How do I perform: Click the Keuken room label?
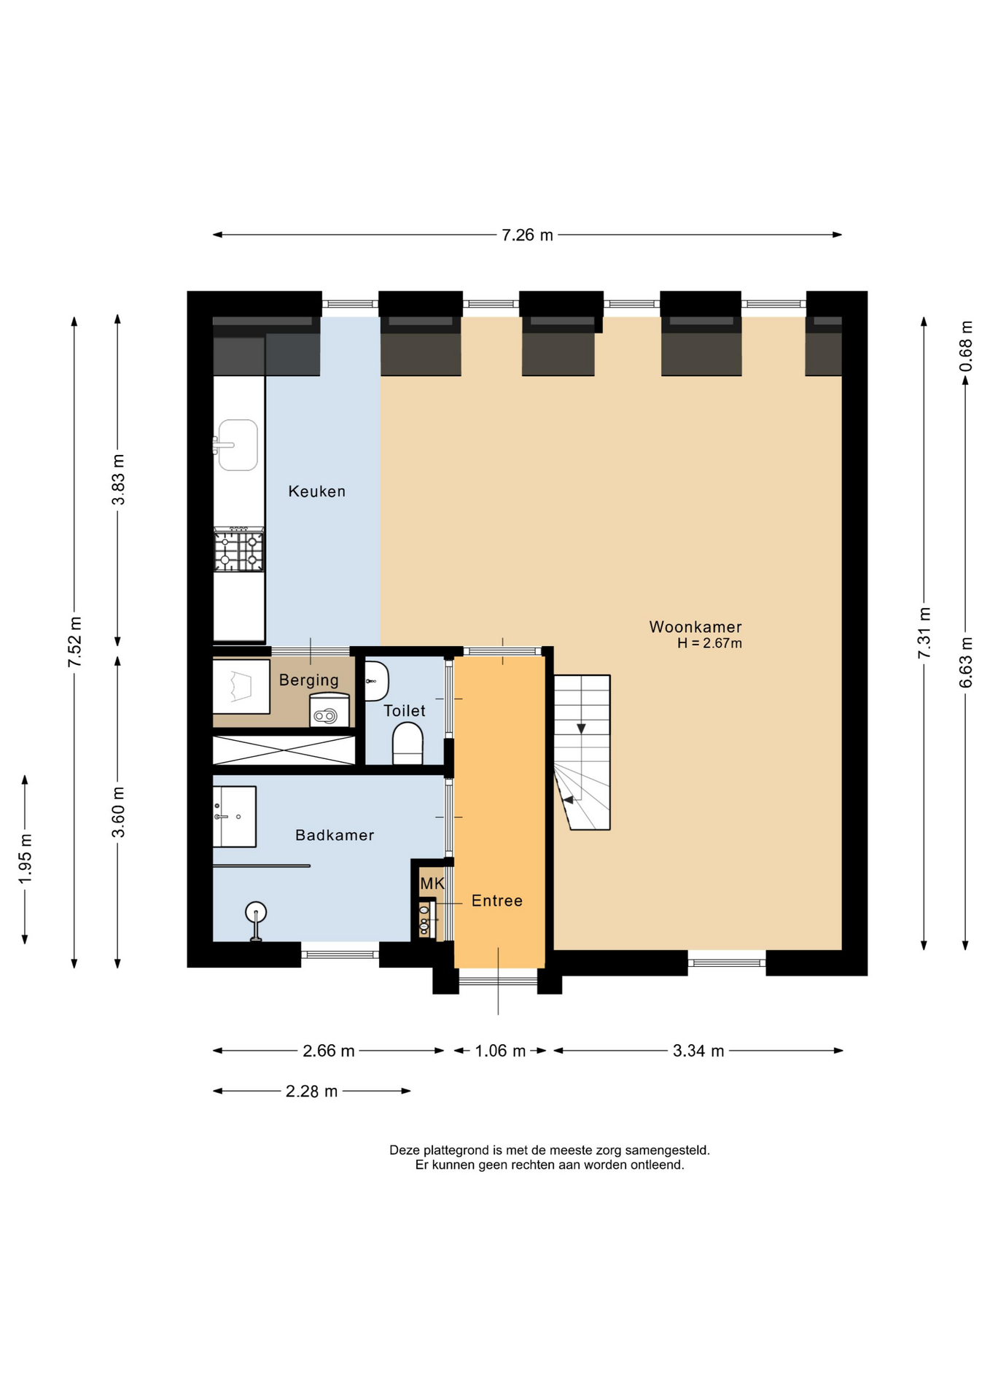pos(316,491)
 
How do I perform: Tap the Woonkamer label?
pos(695,627)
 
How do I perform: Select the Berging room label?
pos(309,680)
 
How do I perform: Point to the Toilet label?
pos(405,711)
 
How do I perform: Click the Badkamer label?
pos(335,835)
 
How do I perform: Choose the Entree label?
pos(497,901)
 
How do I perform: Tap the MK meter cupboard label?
pos(432,884)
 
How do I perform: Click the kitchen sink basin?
pos(238,445)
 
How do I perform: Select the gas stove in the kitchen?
pos(238,550)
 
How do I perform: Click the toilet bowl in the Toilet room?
pos(408,743)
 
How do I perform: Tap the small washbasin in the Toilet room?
pos(376,681)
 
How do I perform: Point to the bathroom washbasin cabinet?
pos(234,817)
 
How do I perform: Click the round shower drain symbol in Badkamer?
pos(256,911)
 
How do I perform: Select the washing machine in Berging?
pos(330,710)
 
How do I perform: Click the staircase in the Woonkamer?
pos(582,752)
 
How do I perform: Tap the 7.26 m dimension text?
pos(527,235)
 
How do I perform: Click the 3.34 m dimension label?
pos(698,1051)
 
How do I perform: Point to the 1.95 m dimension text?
pos(26,858)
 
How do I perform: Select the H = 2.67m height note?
pos(709,643)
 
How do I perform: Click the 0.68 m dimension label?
pos(966,346)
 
